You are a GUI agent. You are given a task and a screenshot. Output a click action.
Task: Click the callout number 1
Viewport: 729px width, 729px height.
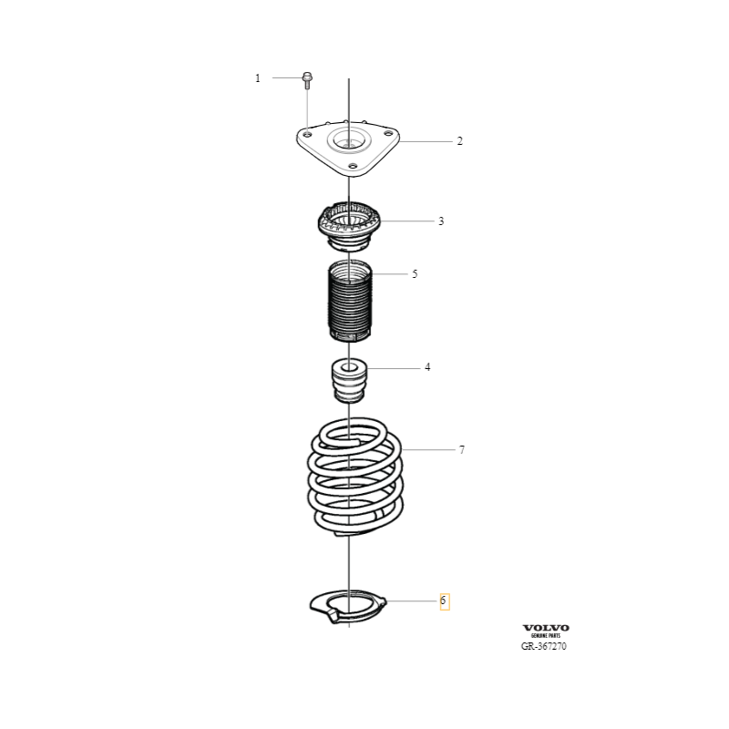click(258, 78)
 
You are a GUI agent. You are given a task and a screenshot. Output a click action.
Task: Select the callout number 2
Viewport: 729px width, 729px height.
click(460, 141)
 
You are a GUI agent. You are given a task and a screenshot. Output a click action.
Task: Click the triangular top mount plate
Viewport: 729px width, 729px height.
click(348, 149)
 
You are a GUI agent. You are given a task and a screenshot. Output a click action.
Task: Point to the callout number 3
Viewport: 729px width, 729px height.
click(441, 221)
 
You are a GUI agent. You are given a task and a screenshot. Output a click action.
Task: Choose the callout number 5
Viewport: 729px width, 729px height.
click(415, 274)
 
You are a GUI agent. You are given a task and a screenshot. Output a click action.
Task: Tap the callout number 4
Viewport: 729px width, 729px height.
click(427, 367)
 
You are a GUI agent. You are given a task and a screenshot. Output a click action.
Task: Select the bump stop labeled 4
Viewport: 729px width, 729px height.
click(349, 380)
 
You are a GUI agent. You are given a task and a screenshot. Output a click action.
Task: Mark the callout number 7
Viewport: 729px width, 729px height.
click(462, 449)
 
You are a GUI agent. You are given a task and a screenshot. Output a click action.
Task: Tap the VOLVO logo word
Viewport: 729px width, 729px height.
click(546, 628)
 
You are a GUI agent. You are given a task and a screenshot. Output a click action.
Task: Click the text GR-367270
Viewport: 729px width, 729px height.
click(544, 646)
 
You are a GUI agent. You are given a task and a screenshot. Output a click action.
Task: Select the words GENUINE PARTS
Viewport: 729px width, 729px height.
click(546, 635)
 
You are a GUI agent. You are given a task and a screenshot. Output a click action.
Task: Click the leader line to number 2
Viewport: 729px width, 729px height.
click(426, 141)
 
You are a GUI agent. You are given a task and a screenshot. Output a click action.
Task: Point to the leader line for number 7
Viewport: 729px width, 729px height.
click(428, 449)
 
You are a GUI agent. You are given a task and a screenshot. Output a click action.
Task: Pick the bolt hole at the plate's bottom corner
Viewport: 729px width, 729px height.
click(354, 166)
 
